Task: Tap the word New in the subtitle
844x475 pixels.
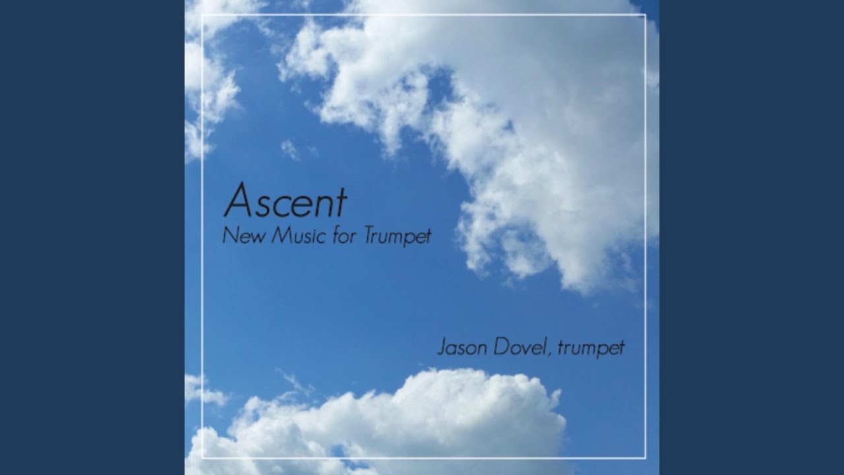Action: (243, 236)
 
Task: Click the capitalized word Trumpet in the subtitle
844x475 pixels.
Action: (398, 237)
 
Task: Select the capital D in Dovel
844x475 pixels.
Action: (502, 347)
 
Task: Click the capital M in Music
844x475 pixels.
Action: (283, 236)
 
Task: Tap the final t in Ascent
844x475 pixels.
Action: (341, 203)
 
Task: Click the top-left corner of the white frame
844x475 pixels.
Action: (202, 15)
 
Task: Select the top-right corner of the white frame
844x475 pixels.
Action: (646, 15)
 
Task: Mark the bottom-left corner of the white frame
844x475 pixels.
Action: (202, 458)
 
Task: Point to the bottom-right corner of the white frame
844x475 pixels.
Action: (646, 458)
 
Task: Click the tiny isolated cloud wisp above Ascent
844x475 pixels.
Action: (291, 150)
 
